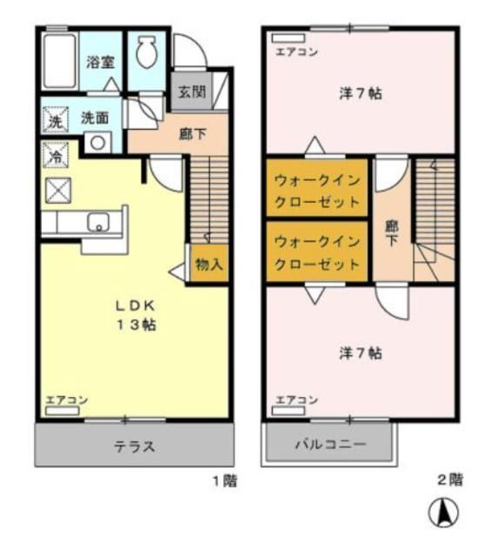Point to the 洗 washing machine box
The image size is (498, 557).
[55, 122]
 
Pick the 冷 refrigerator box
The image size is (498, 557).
[53, 158]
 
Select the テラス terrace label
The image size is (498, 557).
[134, 446]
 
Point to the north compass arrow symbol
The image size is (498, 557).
[443, 513]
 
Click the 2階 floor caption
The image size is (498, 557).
[449, 479]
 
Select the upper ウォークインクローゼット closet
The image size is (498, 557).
[316, 191]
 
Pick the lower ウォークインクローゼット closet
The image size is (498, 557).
[316, 252]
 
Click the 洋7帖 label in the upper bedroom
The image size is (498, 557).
[360, 94]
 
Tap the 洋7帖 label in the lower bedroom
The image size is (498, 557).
[360, 353]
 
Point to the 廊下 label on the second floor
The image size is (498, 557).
[392, 232]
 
